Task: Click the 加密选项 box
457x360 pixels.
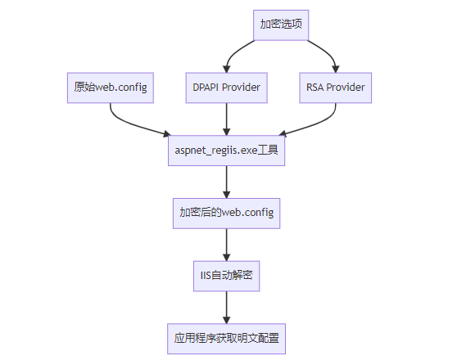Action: tap(281, 25)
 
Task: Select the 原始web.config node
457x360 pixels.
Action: tap(111, 88)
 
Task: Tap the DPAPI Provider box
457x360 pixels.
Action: tap(227, 88)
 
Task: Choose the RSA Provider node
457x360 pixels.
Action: tap(336, 88)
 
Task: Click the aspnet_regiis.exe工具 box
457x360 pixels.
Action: tap(227, 151)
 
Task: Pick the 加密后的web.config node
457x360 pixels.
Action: tap(227, 214)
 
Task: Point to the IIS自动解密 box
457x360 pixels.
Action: tap(227, 276)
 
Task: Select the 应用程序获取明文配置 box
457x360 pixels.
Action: tap(227, 339)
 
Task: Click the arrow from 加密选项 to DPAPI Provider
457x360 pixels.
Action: tap(233, 53)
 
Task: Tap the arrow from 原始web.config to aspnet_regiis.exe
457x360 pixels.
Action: tap(129, 124)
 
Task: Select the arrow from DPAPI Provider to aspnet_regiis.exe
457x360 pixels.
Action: tap(227, 119)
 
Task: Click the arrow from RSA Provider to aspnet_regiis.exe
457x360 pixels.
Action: tap(318, 124)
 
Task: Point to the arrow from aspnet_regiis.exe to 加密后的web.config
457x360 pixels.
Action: tap(227, 182)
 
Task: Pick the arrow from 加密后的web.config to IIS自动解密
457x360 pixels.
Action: tap(227, 245)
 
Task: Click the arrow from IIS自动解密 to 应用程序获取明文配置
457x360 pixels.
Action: tap(227, 308)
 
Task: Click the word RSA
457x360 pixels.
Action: tap(314, 88)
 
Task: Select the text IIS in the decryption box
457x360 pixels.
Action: tap(206, 276)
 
